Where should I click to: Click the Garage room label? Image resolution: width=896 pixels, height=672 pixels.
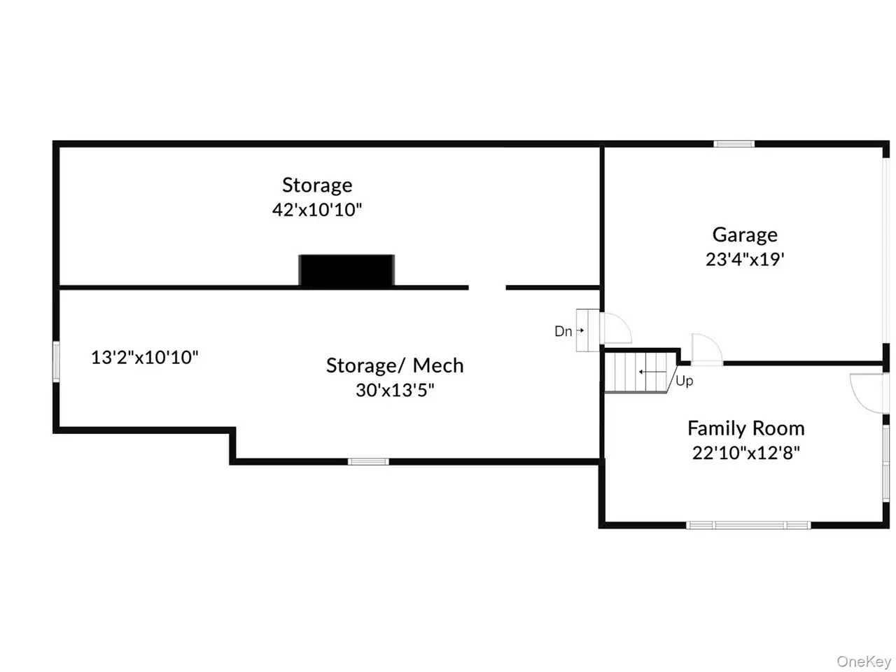click(745, 234)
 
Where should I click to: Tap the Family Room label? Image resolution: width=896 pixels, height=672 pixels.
click(745, 428)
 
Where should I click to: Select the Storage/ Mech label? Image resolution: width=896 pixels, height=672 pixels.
click(395, 365)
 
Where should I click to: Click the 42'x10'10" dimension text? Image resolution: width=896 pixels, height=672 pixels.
click(317, 209)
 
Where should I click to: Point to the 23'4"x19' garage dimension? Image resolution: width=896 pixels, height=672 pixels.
click(745, 259)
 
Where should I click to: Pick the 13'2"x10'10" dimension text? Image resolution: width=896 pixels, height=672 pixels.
click(145, 358)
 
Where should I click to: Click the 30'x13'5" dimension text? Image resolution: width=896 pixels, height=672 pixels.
click(395, 390)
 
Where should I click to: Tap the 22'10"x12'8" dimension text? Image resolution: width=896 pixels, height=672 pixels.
click(745, 452)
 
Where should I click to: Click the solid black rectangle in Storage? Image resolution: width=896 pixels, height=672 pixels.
click(346, 270)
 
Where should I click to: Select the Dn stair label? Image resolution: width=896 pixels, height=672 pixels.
click(563, 331)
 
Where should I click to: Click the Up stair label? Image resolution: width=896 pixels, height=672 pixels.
click(684, 381)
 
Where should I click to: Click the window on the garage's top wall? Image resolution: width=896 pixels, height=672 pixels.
click(734, 144)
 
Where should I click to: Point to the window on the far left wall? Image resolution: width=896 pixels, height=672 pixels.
click(57, 361)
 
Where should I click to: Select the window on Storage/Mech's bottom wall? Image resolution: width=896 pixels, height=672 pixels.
click(368, 461)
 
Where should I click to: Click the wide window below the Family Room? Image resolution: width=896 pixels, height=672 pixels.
click(748, 525)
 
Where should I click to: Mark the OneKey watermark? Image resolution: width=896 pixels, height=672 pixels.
click(864, 661)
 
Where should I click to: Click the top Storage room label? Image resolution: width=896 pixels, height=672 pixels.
click(317, 185)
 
